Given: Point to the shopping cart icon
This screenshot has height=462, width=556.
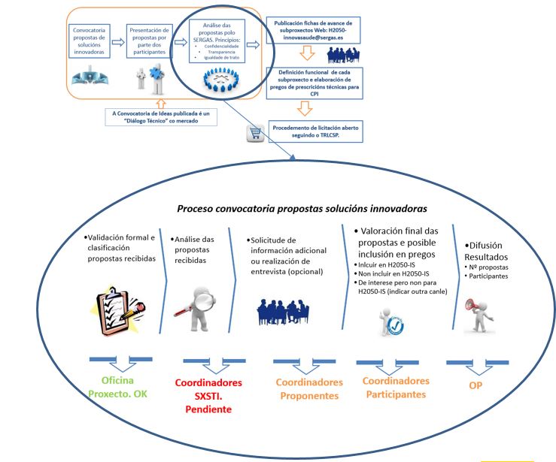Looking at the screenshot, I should tap(254, 134).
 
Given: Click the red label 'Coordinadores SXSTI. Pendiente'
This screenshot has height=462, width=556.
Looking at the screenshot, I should tap(202, 395).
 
